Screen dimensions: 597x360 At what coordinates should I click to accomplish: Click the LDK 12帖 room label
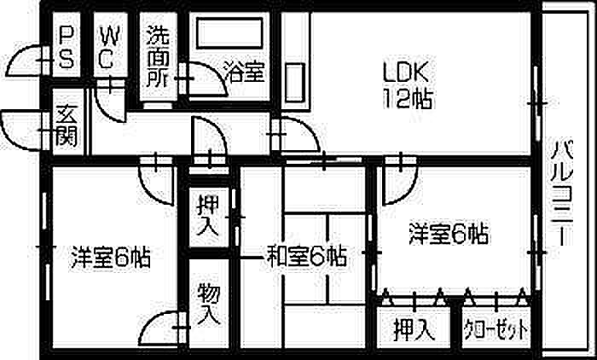tap(408, 85)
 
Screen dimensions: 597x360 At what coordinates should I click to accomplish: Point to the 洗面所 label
tap(158, 56)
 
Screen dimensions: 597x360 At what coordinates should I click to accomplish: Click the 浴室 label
tap(244, 72)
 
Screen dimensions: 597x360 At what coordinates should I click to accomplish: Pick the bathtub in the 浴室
tap(229, 32)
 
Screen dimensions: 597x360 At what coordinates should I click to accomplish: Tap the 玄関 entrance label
tap(67, 125)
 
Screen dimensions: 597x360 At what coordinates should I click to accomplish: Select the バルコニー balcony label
tap(562, 193)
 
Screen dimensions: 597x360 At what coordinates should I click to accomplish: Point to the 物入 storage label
tap(209, 305)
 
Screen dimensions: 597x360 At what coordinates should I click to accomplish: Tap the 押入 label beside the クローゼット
tap(414, 329)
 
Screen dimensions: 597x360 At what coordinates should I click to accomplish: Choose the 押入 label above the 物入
tap(208, 216)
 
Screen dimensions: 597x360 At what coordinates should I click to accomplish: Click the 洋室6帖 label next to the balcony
tap(449, 234)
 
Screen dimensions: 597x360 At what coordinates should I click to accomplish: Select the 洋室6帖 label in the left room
tap(110, 258)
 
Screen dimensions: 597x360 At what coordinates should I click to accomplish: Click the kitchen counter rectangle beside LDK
tap(296, 82)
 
